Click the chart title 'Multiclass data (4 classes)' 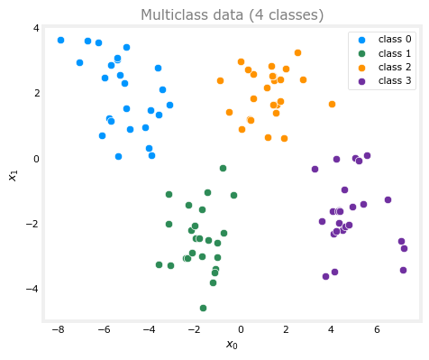coord(232,14)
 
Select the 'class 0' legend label coord(395,39)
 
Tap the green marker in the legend coord(362,53)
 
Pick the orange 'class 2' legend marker coord(362,68)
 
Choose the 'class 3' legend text coord(395,80)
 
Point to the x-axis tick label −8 coord(58,330)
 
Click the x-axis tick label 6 coord(377,330)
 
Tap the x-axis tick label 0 coord(241,330)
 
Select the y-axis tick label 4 coord(36,28)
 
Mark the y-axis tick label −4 coord(32,289)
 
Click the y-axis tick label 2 coord(36,93)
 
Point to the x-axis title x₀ coord(232,345)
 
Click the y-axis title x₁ coord(14,176)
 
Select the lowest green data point coord(203,308)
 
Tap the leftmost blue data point coord(60,40)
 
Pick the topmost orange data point coord(297,53)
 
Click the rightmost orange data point coord(332,104)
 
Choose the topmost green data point coord(223,168)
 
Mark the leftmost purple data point coord(315,169)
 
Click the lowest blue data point coord(118,156)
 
